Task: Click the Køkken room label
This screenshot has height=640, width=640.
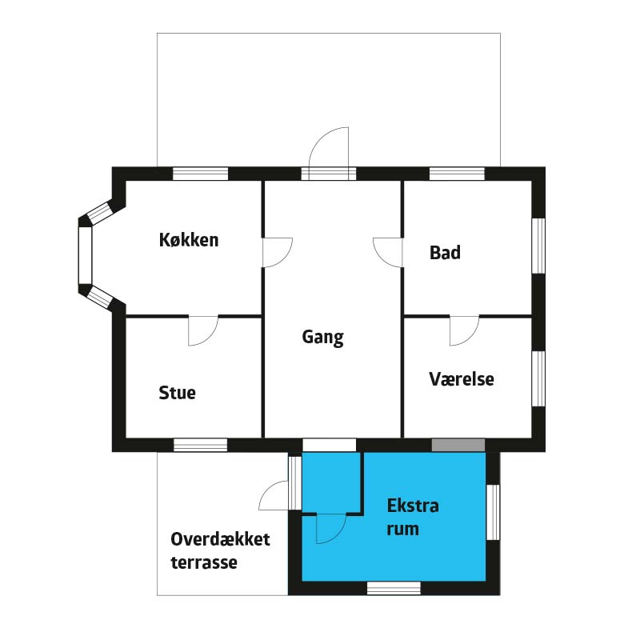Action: tap(189, 239)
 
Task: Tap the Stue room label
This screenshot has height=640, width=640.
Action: tap(177, 393)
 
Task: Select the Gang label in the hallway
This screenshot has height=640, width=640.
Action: tap(323, 338)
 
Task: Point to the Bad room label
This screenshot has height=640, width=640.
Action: tap(445, 253)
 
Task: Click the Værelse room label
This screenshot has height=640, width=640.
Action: tap(462, 379)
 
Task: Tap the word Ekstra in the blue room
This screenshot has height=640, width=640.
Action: tap(413, 506)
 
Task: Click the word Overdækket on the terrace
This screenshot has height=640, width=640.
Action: tap(221, 539)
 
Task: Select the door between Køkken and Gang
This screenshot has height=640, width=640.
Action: tap(277, 252)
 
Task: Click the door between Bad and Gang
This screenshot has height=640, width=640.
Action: tap(388, 253)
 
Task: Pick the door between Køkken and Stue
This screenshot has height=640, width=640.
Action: tap(203, 330)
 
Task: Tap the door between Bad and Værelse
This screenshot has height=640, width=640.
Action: tap(465, 330)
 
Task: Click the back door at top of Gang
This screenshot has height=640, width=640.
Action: tap(329, 153)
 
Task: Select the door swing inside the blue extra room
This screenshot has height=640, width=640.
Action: tap(331, 529)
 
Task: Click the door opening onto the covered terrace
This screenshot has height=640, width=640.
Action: tap(274, 495)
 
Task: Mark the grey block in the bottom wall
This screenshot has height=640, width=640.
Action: tap(458, 446)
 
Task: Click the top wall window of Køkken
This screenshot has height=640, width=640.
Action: tap(200, 174)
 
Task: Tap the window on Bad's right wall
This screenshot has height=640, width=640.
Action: tap(538, 246)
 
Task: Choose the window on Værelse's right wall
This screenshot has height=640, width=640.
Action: tap(538, 378)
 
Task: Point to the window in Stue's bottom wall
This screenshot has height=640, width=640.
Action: tap(201, 446)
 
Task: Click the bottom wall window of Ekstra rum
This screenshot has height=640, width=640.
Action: tap(394, 588)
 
